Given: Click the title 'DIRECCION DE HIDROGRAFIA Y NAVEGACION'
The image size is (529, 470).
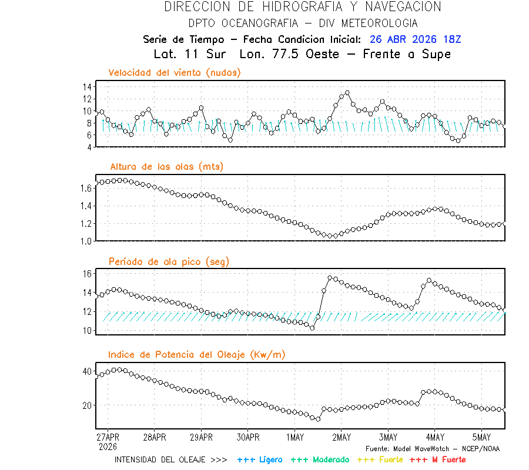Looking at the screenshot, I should pos(302,7).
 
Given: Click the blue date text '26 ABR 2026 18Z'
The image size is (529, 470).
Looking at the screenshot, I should pos(416,39).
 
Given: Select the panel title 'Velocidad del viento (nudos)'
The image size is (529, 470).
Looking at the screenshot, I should pos(175,72).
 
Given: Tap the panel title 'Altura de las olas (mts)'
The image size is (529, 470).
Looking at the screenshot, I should pos(166,167).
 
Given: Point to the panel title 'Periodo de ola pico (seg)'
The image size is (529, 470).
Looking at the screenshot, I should pos(169,261).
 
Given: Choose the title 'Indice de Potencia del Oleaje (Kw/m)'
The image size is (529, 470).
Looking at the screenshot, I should pos(197,354).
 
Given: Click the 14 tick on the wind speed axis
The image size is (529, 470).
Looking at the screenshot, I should pos(86,86).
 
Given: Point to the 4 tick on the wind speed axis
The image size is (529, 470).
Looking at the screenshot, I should pos(89,147).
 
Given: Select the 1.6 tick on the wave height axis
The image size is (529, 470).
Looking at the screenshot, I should pos(85,188).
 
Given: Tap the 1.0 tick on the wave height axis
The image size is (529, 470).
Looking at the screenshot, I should pos(85,241).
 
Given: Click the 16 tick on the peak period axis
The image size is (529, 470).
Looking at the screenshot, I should pos(86,274).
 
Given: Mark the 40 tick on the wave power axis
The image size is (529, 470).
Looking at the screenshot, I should pos(86,371).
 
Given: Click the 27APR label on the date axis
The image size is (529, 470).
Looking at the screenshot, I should pos(108,438).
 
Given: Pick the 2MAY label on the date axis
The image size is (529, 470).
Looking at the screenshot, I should pos(341,438).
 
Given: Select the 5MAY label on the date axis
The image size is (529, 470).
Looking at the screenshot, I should pos(481,438).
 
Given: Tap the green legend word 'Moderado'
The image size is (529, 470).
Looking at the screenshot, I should pos(330,459).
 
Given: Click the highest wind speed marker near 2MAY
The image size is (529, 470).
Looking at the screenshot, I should pos(347,93).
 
